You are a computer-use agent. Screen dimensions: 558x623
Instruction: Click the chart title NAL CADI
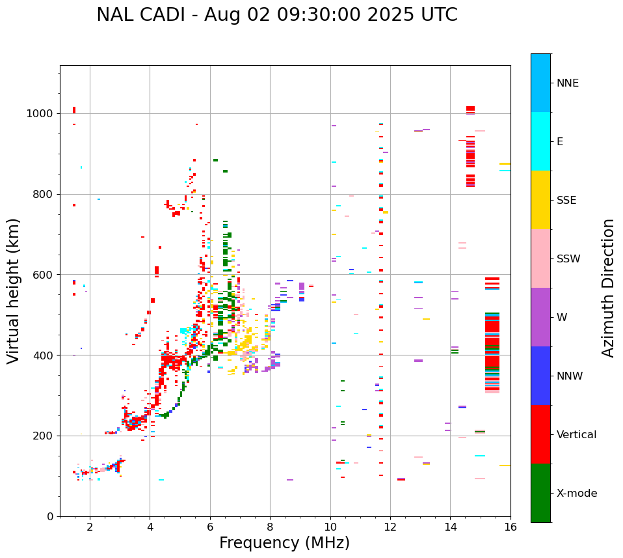coord(276,15)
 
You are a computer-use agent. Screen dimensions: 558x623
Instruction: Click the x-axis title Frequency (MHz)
coord(284,543)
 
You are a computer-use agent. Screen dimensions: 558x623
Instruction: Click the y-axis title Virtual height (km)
coord(14,291)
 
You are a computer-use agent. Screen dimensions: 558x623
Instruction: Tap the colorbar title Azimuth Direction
coord(608,288)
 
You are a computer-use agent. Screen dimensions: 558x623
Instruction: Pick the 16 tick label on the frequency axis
coord(510,527)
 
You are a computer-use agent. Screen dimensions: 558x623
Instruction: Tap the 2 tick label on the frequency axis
coord(90,527)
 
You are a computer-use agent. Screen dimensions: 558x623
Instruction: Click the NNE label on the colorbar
coord(567,83)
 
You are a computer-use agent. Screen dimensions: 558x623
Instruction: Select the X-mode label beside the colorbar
coord(576,494)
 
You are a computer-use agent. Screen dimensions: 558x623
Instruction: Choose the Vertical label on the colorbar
coord(576,435)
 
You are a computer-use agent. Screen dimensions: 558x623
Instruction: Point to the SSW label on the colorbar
coord(568,259)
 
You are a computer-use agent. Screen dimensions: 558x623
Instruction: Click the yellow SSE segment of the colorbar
coord(540,200)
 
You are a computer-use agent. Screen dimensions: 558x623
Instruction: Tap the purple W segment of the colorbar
coord(540,317)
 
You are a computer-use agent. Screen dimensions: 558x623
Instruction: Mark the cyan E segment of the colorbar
coord(540,141)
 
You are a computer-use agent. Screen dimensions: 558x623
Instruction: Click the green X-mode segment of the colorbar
coord(540,493)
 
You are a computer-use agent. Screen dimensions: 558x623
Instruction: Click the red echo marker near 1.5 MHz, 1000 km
coord(74,110)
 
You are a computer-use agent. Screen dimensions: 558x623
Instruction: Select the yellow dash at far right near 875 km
coord(505,164)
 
